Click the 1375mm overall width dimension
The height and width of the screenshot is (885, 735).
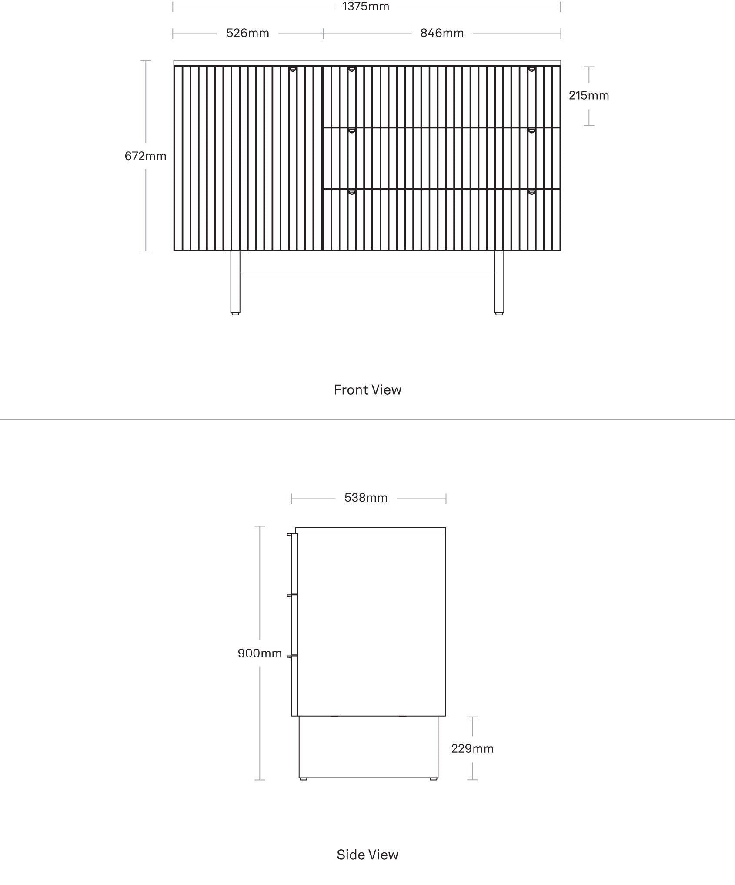point(366,7)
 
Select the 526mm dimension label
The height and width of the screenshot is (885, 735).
point(247,33)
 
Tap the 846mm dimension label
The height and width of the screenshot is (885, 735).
point(442,33)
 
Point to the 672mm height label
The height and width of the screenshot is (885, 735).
point(145,156)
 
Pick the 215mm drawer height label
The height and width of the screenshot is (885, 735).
point(589,95)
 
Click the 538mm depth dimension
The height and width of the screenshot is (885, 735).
point(366,497)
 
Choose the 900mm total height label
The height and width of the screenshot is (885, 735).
point(260,653)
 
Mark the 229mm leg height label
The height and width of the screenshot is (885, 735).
point(472,748)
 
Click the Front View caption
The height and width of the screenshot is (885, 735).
point(367,389)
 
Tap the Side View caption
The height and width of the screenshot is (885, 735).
point(367,855)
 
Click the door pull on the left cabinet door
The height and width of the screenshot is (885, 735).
point(293,69)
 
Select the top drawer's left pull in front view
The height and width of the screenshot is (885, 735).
point(351,69)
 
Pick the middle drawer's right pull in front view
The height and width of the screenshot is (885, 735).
point(531,131)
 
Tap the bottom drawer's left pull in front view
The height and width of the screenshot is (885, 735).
point(351,192)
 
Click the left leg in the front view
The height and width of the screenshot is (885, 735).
point(235,282)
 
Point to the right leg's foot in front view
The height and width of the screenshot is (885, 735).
point(499,313)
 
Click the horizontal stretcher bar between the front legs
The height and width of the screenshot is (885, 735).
point(367,272)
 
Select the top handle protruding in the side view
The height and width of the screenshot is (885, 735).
point(291,535)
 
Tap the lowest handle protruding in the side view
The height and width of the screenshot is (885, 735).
point(291,656)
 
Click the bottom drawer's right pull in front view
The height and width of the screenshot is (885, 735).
point(531,192)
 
